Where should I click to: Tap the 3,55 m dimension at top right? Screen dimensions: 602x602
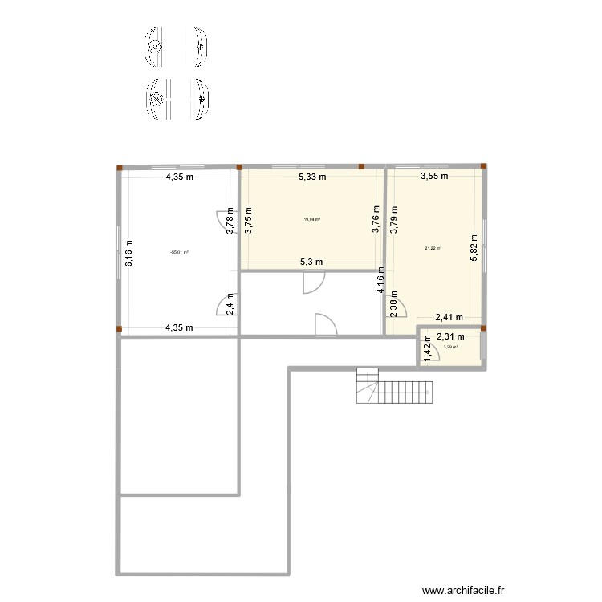point(433,177)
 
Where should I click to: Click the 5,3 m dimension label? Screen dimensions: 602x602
point(311,262)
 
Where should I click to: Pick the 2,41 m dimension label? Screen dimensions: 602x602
point(450,319)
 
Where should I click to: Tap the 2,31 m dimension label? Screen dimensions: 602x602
point(450,337)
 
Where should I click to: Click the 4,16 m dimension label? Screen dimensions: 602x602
point(382,281)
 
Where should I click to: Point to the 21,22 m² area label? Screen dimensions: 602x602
point(433,248)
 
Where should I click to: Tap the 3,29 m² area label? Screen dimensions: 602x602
point(450,348)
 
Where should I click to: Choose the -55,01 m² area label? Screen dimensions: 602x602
point(179,252)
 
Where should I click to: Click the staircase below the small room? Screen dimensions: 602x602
point(394,388)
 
